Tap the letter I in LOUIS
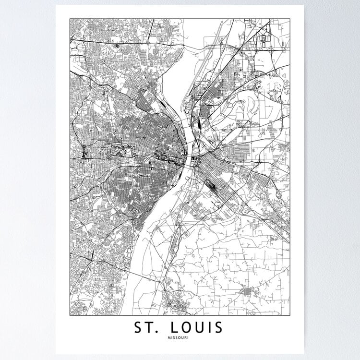coord(212,328)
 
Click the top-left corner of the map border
coord(70,19)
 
